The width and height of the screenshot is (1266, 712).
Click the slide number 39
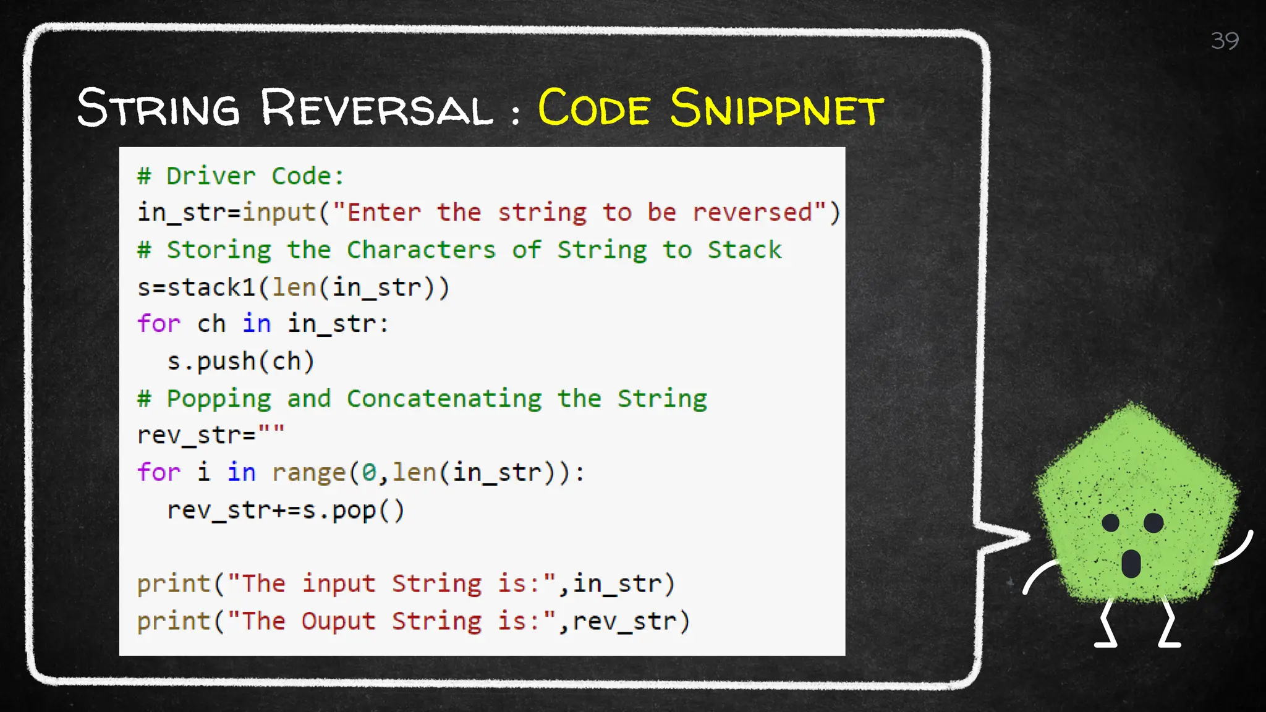click(1224, 41)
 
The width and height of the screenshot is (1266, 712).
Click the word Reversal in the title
click(376, 108)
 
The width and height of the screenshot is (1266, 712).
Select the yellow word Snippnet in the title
click(777, 108)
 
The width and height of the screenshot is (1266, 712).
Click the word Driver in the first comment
click(211, 176)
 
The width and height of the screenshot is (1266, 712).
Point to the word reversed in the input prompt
click(752, 213)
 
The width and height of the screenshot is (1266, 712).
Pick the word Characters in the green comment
click(421, 250)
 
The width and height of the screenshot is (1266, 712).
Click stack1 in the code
click(211, 287)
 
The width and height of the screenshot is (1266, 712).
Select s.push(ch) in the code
click(240, 362)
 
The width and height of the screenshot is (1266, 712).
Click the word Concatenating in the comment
click(444, 399)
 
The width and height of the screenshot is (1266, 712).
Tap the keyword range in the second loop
click(308, 473)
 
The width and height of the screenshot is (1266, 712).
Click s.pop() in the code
click(353, 511)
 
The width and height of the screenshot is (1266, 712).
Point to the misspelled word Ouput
click(338, 621)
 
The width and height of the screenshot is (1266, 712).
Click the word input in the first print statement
click(338, 584)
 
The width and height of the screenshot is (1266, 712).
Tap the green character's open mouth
click(1131, 562)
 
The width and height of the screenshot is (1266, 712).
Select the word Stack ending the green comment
click(744, 250)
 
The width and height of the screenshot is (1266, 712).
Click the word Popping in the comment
click(219, 399)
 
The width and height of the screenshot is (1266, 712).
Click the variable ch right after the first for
click(211, 324)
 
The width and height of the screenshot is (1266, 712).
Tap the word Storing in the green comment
click(219, 250)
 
